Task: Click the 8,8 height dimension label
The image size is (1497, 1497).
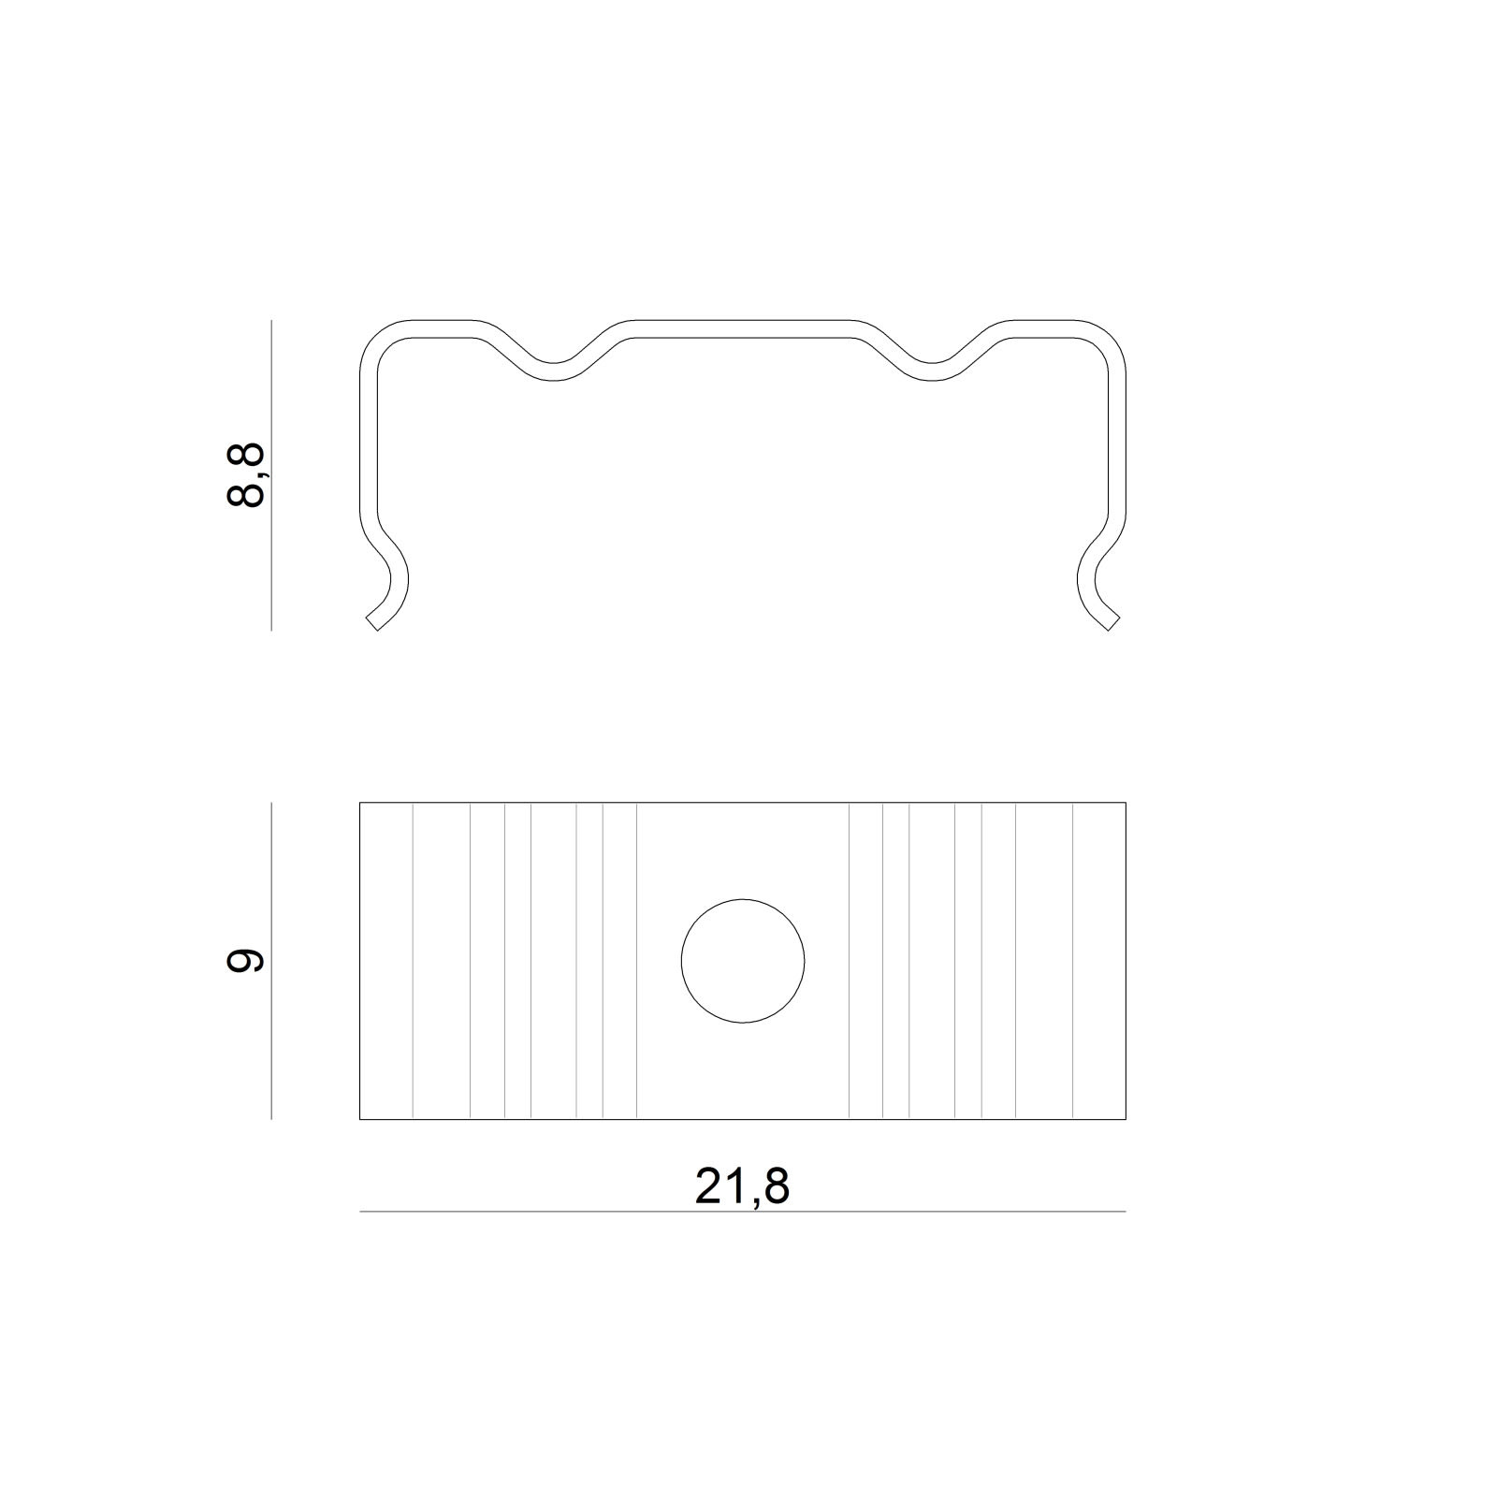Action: coord(246,475)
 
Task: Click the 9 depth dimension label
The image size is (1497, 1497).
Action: coord(246,960)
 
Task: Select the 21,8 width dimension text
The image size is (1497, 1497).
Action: coord(742,1186)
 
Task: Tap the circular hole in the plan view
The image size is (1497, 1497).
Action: coord(743,961)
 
